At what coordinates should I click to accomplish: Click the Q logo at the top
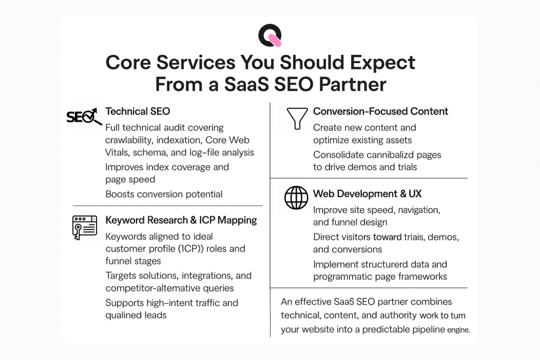(269, 35)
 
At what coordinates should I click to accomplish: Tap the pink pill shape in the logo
(274, 40)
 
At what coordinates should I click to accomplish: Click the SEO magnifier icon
(84, 117)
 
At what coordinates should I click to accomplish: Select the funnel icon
(296, 119)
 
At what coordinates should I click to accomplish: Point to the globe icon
(296, 198)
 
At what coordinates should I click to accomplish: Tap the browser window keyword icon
(84, 227)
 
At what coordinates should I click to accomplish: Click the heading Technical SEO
(138, 111)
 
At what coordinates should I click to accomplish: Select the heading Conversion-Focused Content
(380, 111)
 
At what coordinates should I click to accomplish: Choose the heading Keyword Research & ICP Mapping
(181, 220)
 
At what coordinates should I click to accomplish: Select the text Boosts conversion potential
(163, 194)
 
